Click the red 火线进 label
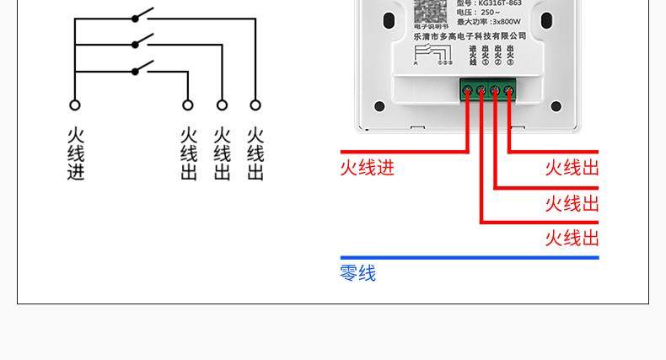367,168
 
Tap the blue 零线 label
357,273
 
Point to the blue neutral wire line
469,257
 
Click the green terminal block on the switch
488,89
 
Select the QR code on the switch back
429,9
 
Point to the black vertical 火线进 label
76,154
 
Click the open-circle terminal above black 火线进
75,105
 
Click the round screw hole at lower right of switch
556,106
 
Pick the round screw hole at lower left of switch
379,106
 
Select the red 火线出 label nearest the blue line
572,238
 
